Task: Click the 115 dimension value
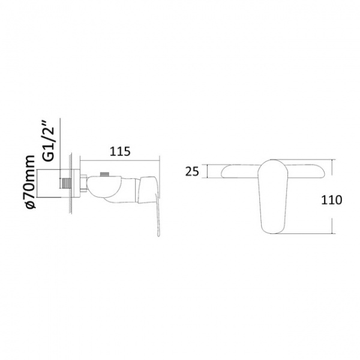tap(120, 152)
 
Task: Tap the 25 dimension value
tap(192, 171)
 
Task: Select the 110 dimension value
tap(331, 200)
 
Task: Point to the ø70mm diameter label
tap(31, 182)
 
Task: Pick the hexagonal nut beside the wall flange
tap(83, 183)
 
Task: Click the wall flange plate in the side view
tap(77, 183)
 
